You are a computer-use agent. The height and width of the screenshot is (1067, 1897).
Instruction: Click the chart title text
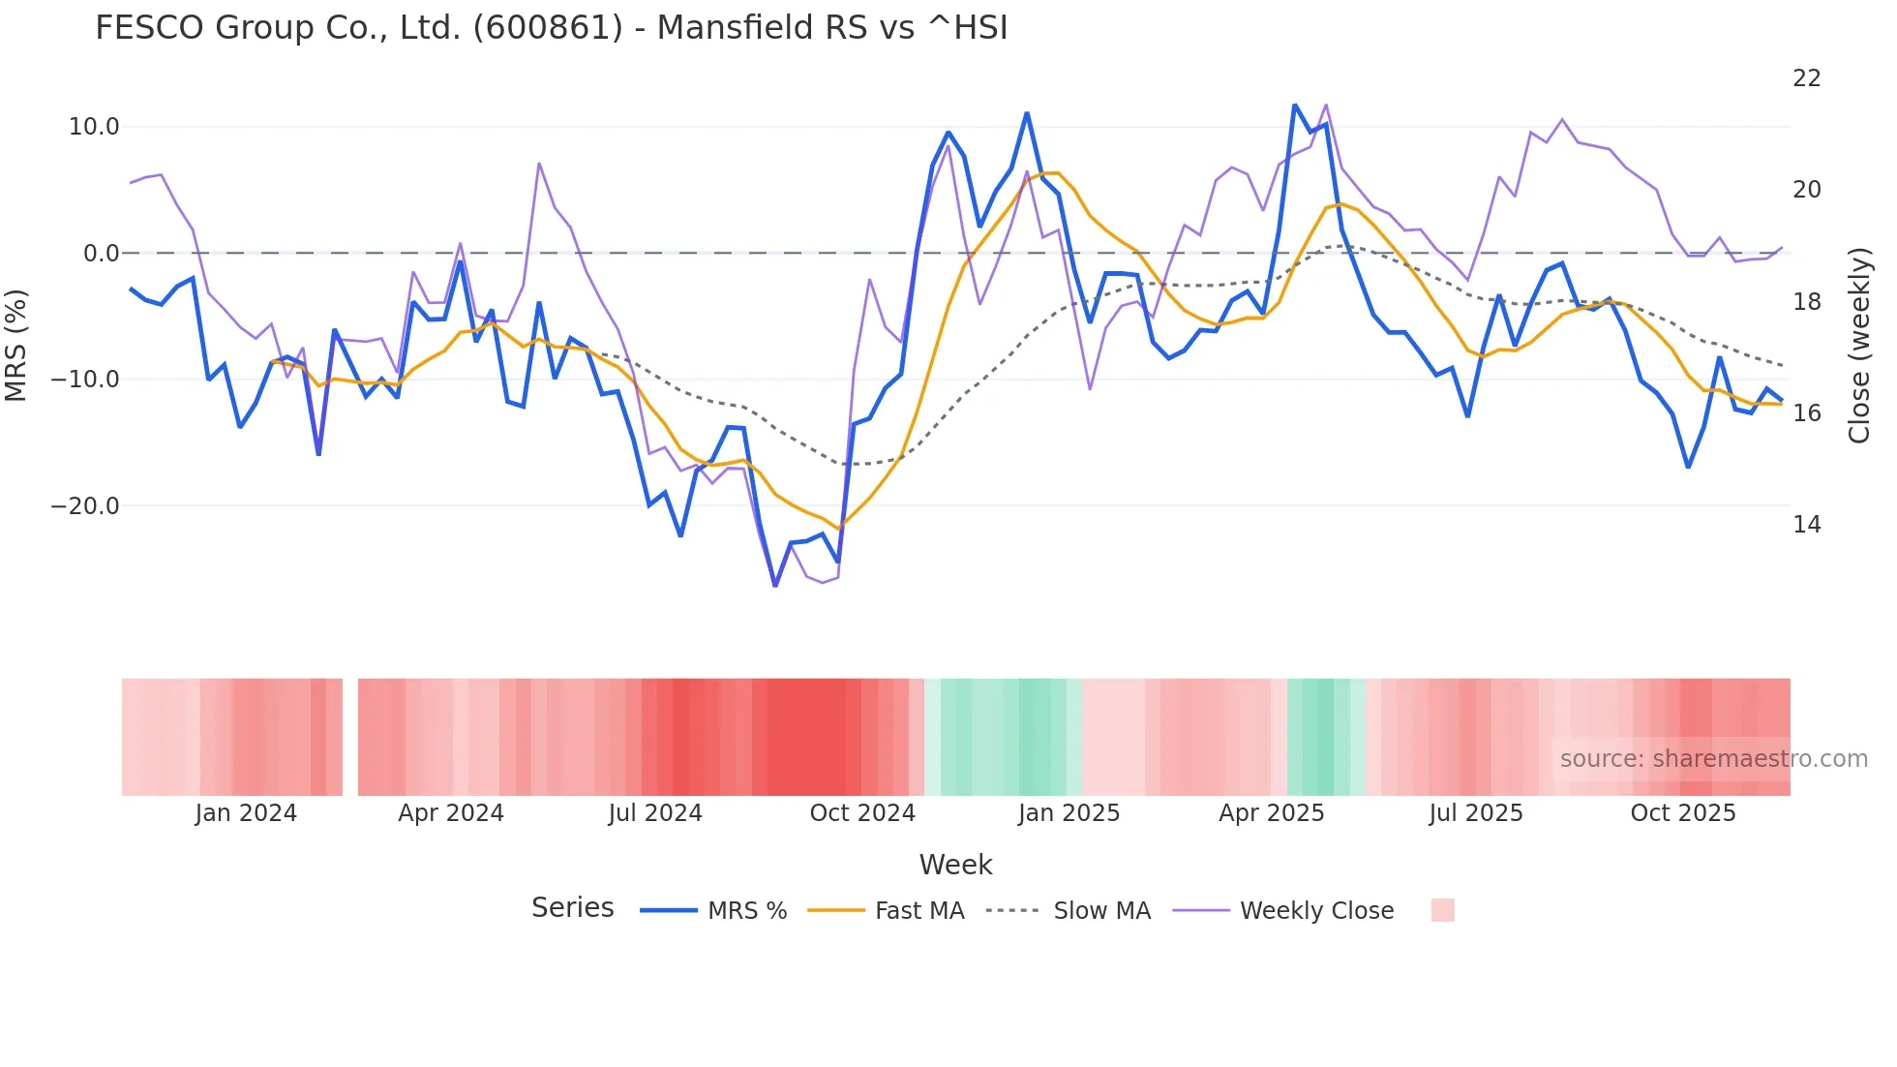[x=551, y=28]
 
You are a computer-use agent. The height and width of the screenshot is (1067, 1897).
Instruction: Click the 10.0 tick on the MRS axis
[x=94, y=127]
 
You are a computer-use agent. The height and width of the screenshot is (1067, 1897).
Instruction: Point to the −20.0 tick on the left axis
[x=85, y=505]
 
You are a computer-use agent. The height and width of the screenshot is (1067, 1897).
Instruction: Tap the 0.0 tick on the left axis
[x=101, y=254]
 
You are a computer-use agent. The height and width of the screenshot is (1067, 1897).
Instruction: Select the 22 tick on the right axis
[x=1806, y=78]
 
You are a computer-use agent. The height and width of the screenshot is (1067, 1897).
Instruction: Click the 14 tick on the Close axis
[x=1806, y=525]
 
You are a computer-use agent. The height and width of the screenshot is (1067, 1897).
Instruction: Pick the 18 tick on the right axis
[x=1806, y=302]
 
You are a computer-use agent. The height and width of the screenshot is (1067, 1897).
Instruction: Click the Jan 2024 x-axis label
[x=246, y=813]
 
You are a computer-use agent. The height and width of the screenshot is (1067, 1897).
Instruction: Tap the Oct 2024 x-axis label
[x=862, y=813]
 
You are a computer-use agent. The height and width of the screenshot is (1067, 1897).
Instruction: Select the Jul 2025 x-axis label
[x=1476, y=813]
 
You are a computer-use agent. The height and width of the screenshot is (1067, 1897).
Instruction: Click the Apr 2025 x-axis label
[x=1271, y=813]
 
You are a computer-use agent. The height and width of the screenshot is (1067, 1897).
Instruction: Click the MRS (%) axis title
[x=16, y=345]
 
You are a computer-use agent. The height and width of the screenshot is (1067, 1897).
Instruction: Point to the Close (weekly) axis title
[x=1858, y=345]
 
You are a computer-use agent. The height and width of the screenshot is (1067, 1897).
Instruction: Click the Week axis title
[x=955, y=865]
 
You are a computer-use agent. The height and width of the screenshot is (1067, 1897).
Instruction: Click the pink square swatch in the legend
[x=1442, y=910]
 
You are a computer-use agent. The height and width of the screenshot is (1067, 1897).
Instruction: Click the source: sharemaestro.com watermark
[x=1713, y=759]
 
